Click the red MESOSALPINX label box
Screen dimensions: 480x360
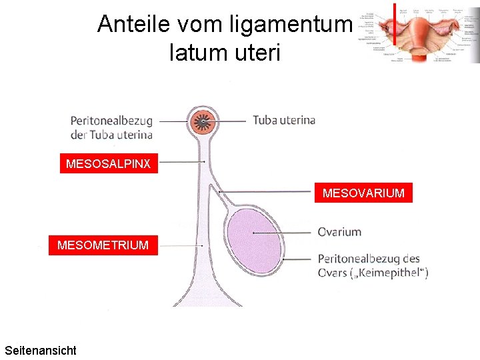(109, 163)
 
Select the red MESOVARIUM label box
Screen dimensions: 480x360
(363, 193)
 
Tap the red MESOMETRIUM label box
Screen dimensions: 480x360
(103, 245)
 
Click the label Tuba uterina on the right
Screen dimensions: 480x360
(283, 121)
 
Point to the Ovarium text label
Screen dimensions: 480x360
(339, 232)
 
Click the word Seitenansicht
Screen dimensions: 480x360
(40, 350)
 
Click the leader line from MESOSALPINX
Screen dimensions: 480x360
(181, 162)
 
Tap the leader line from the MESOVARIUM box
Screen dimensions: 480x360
(267, 192)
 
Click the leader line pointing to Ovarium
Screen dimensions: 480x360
(283, 232)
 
